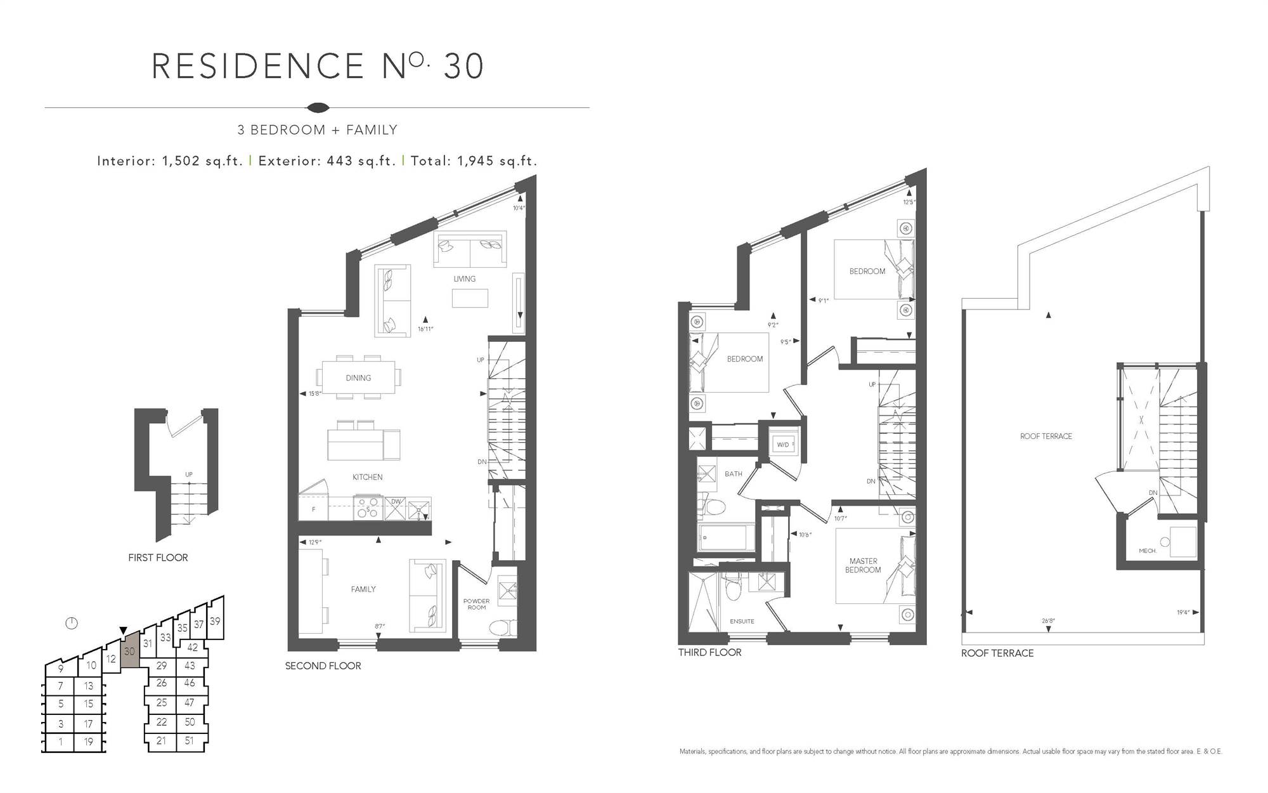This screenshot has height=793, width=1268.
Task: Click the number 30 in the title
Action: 463,66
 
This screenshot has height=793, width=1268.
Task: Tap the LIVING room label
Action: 464,279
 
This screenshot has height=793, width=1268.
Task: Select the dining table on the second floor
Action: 358,377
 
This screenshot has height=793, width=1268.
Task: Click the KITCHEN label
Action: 367,477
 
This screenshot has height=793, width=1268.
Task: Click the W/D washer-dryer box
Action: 783,445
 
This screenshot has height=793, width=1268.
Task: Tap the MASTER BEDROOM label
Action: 863,565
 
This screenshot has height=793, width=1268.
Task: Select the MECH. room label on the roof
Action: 1147,551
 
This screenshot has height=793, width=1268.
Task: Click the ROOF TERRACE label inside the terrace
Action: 1045,436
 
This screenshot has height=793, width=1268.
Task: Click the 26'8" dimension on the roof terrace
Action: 1048,621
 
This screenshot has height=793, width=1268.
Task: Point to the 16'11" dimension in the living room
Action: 425,329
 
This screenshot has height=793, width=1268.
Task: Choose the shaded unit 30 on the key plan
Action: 129,651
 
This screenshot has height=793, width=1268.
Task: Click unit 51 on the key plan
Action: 189,740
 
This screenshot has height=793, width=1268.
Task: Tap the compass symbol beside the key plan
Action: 72,623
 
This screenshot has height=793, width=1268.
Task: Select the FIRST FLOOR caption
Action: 158,558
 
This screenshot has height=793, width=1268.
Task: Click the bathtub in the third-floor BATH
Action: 726,539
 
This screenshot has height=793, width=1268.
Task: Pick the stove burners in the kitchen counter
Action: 367,508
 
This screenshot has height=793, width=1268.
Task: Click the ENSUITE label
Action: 742,621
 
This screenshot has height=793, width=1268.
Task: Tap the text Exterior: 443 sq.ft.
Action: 327,161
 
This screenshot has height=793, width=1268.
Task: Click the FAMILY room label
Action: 363,589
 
